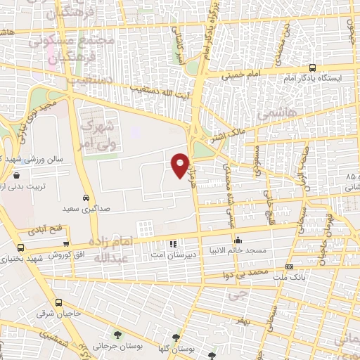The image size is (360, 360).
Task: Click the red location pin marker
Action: pyautogui.click(x=181, y=165)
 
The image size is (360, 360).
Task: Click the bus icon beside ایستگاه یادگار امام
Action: pyautogui.click(x=311, y=68)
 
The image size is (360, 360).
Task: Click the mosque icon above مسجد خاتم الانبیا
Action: pyautogui.click(x=238, y=240)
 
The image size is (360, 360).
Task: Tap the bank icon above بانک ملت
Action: pyautogui.click(x=289, y=267)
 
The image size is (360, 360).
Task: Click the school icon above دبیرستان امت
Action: pyautogui.click(x=173, y=245)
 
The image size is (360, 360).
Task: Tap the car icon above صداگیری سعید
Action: pyautogui.click(x=85, y=198)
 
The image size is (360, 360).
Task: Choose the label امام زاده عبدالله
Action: pyautogui.click(x=112, y=250)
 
